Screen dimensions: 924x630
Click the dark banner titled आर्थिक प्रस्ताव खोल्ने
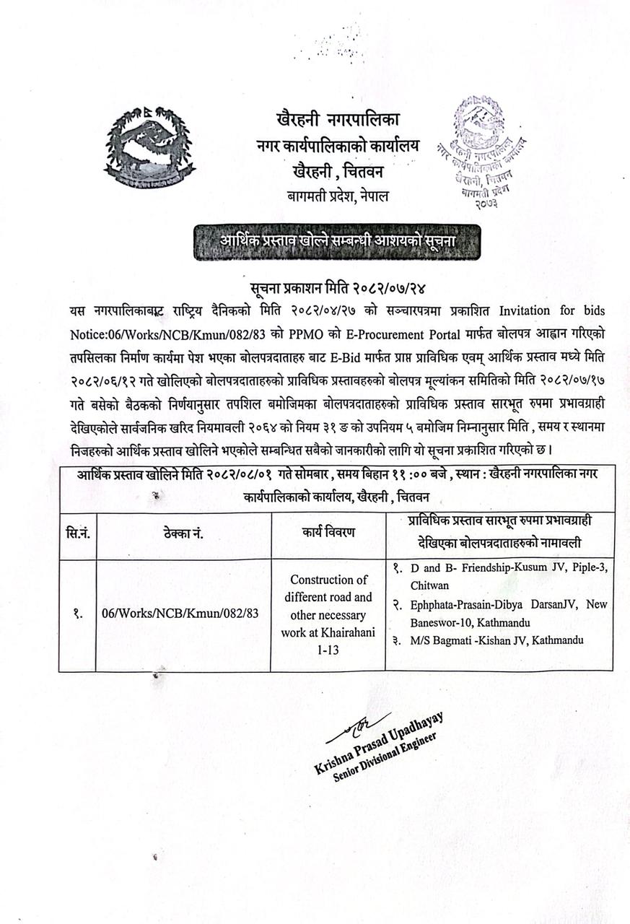338,239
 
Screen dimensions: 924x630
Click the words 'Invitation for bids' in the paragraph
551,310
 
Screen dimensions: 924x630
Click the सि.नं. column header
77,533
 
